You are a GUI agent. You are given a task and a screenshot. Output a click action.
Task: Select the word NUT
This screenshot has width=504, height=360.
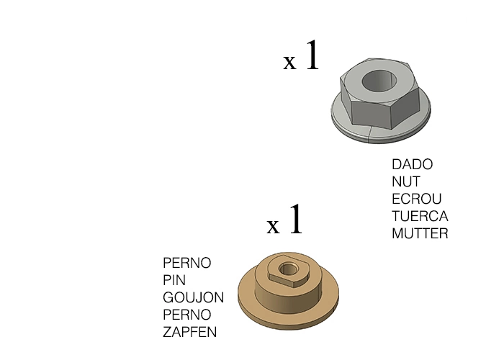406,181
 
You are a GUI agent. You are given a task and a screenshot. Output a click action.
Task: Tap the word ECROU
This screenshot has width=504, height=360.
417,199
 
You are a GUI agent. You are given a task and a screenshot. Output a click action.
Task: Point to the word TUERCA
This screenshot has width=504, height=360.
420,216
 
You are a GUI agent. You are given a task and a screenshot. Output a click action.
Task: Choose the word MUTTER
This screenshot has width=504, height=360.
420,233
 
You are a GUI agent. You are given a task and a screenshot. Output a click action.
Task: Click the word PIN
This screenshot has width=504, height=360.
174,280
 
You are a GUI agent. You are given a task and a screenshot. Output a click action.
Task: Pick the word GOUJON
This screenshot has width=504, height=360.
193,297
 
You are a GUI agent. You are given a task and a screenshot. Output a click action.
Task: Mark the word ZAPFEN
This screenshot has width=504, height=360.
189,332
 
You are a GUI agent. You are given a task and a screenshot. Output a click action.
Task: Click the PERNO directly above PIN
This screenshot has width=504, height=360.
186,263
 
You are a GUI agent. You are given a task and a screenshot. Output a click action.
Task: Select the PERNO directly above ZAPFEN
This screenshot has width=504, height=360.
186,315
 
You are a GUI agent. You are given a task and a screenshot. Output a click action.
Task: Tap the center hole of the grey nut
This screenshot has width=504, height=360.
378,81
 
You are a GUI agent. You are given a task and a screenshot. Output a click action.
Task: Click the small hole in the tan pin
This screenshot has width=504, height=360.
287,269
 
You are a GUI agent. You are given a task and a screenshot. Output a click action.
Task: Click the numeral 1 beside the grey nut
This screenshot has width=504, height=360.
312,55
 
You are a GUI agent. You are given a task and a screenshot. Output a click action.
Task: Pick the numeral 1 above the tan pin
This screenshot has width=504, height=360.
296,219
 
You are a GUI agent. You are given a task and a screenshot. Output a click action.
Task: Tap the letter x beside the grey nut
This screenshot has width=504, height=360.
289,62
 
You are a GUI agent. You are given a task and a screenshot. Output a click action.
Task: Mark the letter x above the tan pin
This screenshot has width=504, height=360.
273,226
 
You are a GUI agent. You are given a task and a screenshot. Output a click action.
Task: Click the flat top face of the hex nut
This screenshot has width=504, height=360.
379,81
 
